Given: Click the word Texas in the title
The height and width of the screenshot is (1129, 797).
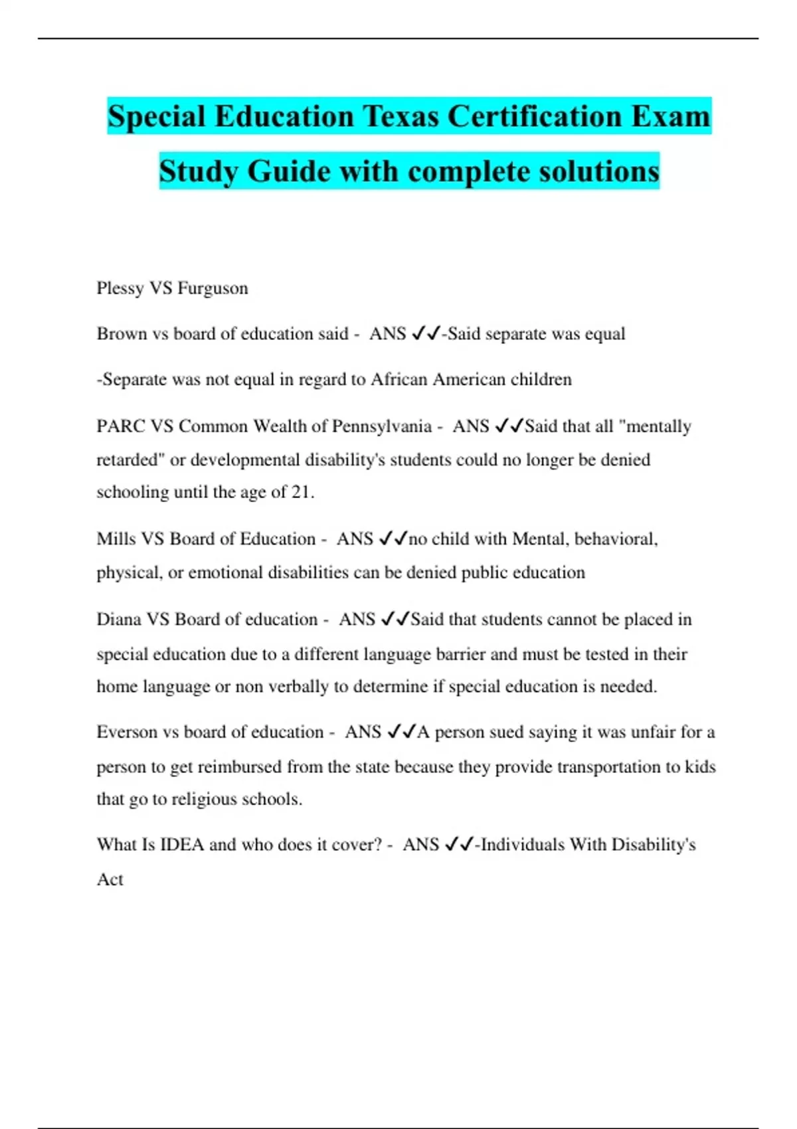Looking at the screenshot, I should point(400,116).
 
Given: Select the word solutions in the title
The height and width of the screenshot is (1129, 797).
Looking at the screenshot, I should point(599,171).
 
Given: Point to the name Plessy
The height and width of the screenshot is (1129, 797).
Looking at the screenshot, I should point(120,288).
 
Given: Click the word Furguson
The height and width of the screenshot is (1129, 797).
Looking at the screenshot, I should point(213,288).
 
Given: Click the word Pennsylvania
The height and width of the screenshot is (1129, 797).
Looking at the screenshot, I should point(381,426).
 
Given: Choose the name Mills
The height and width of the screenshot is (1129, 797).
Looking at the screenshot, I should point(116,539).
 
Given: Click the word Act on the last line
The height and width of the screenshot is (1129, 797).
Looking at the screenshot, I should point(110,879).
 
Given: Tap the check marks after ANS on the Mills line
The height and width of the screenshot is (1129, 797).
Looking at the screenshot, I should point(393,539).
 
